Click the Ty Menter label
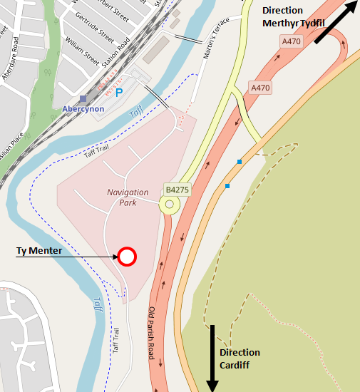[39, 251]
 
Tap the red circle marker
[127, 257]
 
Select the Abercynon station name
[83, 108]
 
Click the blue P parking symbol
[119, 93]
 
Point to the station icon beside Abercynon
[83, 98]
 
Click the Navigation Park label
[128, 197]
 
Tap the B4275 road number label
[178, 190]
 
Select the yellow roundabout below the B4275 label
[170, 206]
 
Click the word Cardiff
[235, 365]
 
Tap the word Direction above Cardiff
[240, 353]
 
